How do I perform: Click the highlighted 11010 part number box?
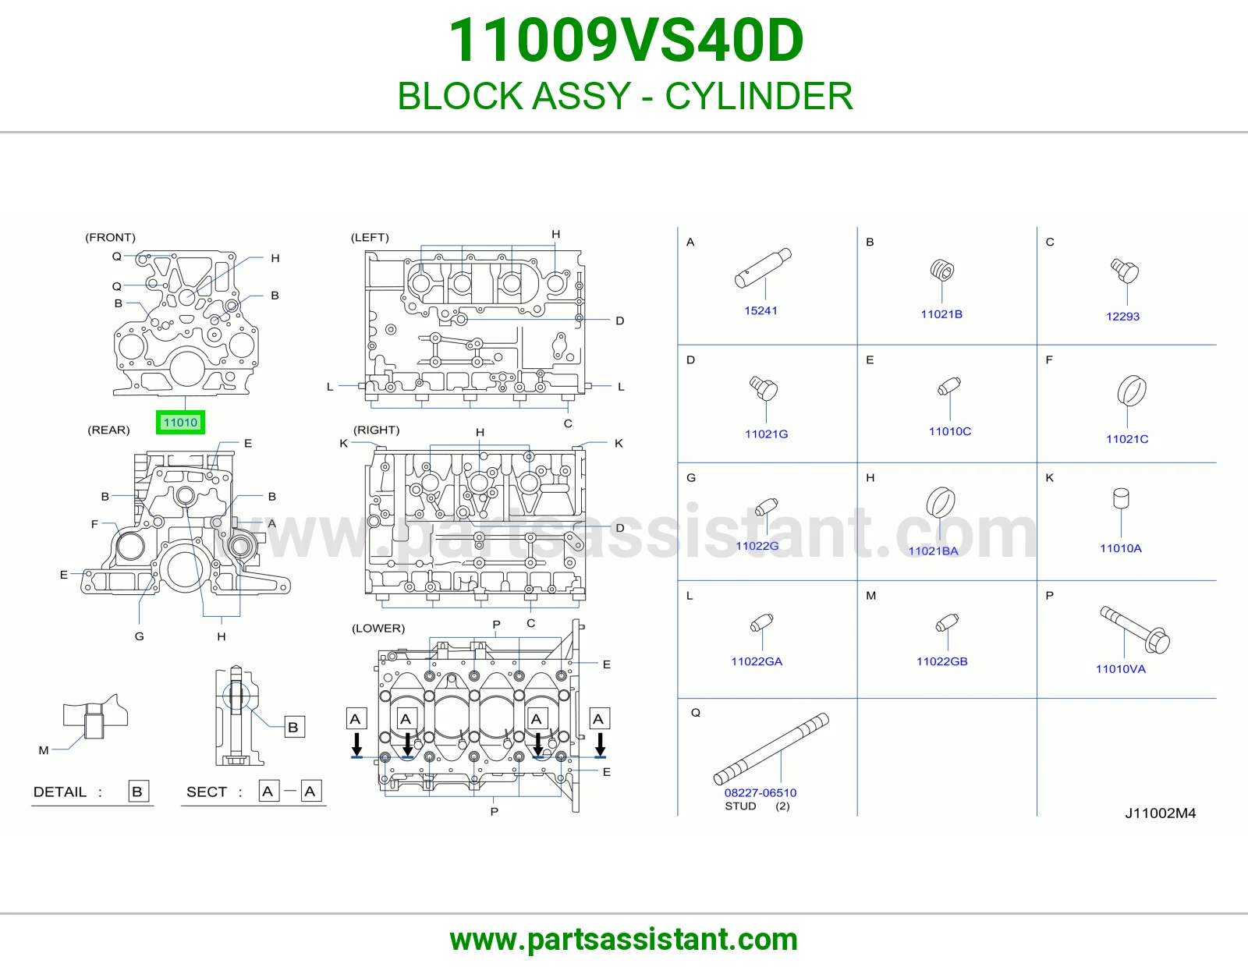180,423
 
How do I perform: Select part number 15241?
760,310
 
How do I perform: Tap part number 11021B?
941,314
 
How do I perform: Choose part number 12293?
1122,317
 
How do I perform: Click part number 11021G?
766,434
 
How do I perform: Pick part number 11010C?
950,431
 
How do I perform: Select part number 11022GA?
757,661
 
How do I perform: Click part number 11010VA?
1121,669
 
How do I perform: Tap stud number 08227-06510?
760,792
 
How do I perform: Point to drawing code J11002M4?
1160,813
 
